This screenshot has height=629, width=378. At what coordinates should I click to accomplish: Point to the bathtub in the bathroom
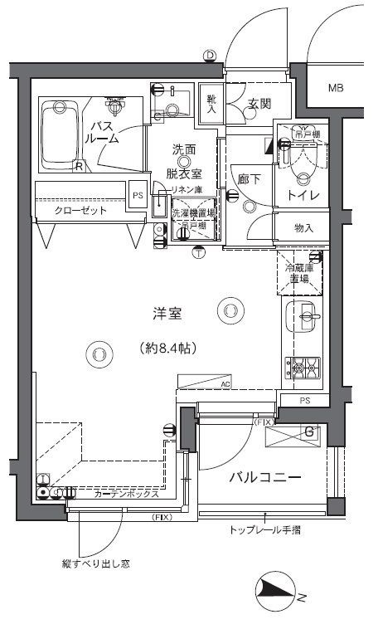pyautogui.click(x=61, y=133)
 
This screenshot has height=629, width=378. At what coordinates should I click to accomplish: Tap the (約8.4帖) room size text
pyautogui.click(x=167, y=349)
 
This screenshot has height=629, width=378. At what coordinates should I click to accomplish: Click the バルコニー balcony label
pyautogui.click(x=264, y=478)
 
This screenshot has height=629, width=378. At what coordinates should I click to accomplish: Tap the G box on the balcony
pyautogui.click(x=308, y=432)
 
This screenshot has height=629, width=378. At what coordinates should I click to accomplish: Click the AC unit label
pyautogui.click(x=225, y=384)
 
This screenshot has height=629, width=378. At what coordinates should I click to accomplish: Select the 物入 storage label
pyautogui.click(x=304, y=227)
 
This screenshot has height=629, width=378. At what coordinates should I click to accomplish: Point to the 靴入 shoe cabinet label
pyautogui.click(x=211, y=103)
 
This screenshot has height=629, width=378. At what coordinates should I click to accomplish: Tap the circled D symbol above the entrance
pyautogui.click(x=210, y=56)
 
